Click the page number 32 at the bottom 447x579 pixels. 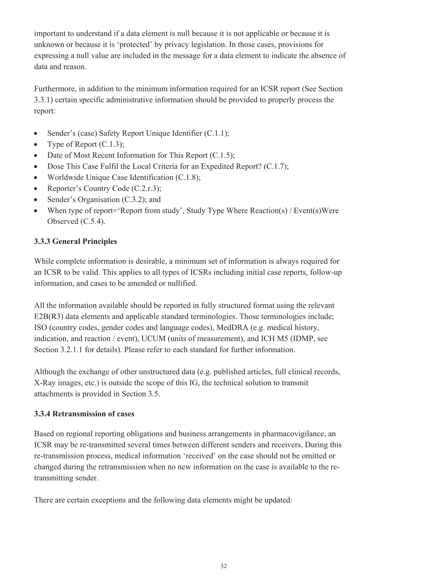[223, 566]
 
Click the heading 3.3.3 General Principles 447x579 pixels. [75, 241]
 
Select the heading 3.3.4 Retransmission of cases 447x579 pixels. [84, 413]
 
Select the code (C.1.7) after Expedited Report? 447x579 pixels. [275, 166]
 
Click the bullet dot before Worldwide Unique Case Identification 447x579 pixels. [36, 178]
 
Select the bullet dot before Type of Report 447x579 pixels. [36, 144]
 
